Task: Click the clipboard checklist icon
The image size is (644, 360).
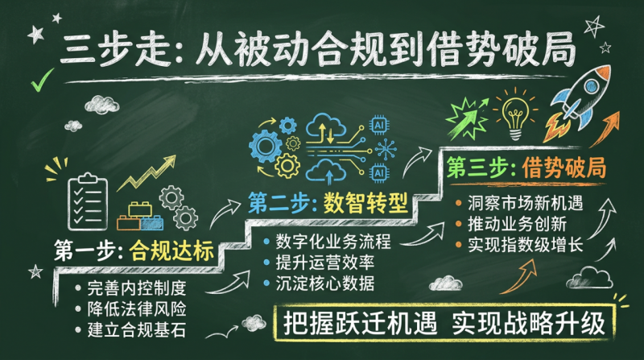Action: [88, 202]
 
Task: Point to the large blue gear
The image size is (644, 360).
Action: [265, 147]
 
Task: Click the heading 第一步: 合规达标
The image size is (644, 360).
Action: [134, 250]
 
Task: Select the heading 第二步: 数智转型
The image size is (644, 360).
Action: [328, 203]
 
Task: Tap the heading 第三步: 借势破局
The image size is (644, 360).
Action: [526, 168]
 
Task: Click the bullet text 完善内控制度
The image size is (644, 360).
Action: [136, 288]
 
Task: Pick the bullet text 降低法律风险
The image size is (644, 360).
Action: [136, 309]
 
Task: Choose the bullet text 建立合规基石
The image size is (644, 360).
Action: [136, 330]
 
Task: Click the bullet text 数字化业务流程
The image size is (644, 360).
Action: [333, 242]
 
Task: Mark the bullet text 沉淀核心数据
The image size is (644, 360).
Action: [325, 283]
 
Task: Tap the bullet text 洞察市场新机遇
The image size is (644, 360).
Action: [525, 203]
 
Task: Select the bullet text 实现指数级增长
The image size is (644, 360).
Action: [525, 245]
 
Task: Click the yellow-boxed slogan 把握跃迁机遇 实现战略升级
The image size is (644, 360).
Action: [444, 323]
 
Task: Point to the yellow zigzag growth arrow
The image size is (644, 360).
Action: [147, 173]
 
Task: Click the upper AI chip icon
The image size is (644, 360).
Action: [379, 125]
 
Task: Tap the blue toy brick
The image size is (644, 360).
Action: [151, 223]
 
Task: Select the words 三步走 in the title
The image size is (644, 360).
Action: [114, 50]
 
